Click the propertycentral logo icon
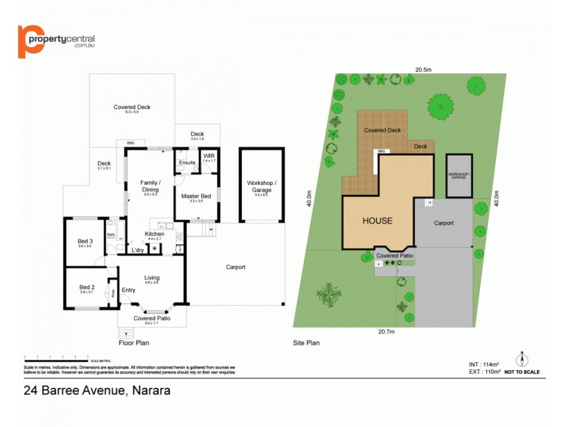(x=31, y=41)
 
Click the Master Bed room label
(x=196, y=196)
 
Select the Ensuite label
(x=187, y=163)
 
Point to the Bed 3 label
(x=85, y=241)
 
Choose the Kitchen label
(x=154, y=234)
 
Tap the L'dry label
(x=138, y=250)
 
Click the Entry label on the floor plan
(x=128, y=290)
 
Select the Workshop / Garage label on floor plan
(x=260, y=186)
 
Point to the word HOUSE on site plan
(x=377, y=221)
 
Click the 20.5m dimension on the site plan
(x=425, y=69)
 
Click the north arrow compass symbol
(x=521, y=358)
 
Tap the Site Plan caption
(x=306, y=343)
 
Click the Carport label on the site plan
(x=444, y=223)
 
